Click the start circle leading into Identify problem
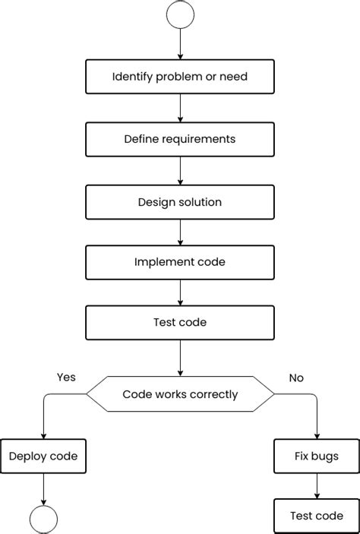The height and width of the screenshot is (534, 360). [180, 14]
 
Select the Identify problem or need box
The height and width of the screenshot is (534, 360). [180, 77]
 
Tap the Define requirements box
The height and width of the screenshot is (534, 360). [180, 139]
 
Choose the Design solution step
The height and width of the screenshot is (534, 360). [180, 202]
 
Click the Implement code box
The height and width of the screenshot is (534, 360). [180, 261]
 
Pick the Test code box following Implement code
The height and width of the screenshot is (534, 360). [180, 322]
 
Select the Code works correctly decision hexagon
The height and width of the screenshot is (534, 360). [180, 394]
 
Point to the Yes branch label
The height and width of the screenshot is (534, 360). [66, 377]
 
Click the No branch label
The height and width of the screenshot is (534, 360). [296, 377]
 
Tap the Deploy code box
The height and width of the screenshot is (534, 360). [43, 457]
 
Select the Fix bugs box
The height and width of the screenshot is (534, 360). [316, 457]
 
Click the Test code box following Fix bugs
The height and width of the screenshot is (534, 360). [316, 516]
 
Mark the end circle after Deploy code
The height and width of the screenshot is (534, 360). [43, 520]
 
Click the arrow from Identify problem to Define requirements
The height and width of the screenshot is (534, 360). [180, 107]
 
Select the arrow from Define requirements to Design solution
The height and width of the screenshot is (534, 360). [180, 169]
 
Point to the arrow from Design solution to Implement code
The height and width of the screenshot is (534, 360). [180, 231]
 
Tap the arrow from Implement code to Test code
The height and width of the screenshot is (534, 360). [180, 292]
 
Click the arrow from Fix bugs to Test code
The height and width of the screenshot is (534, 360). [316, 486]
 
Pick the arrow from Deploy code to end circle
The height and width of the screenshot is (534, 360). [43, 488]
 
